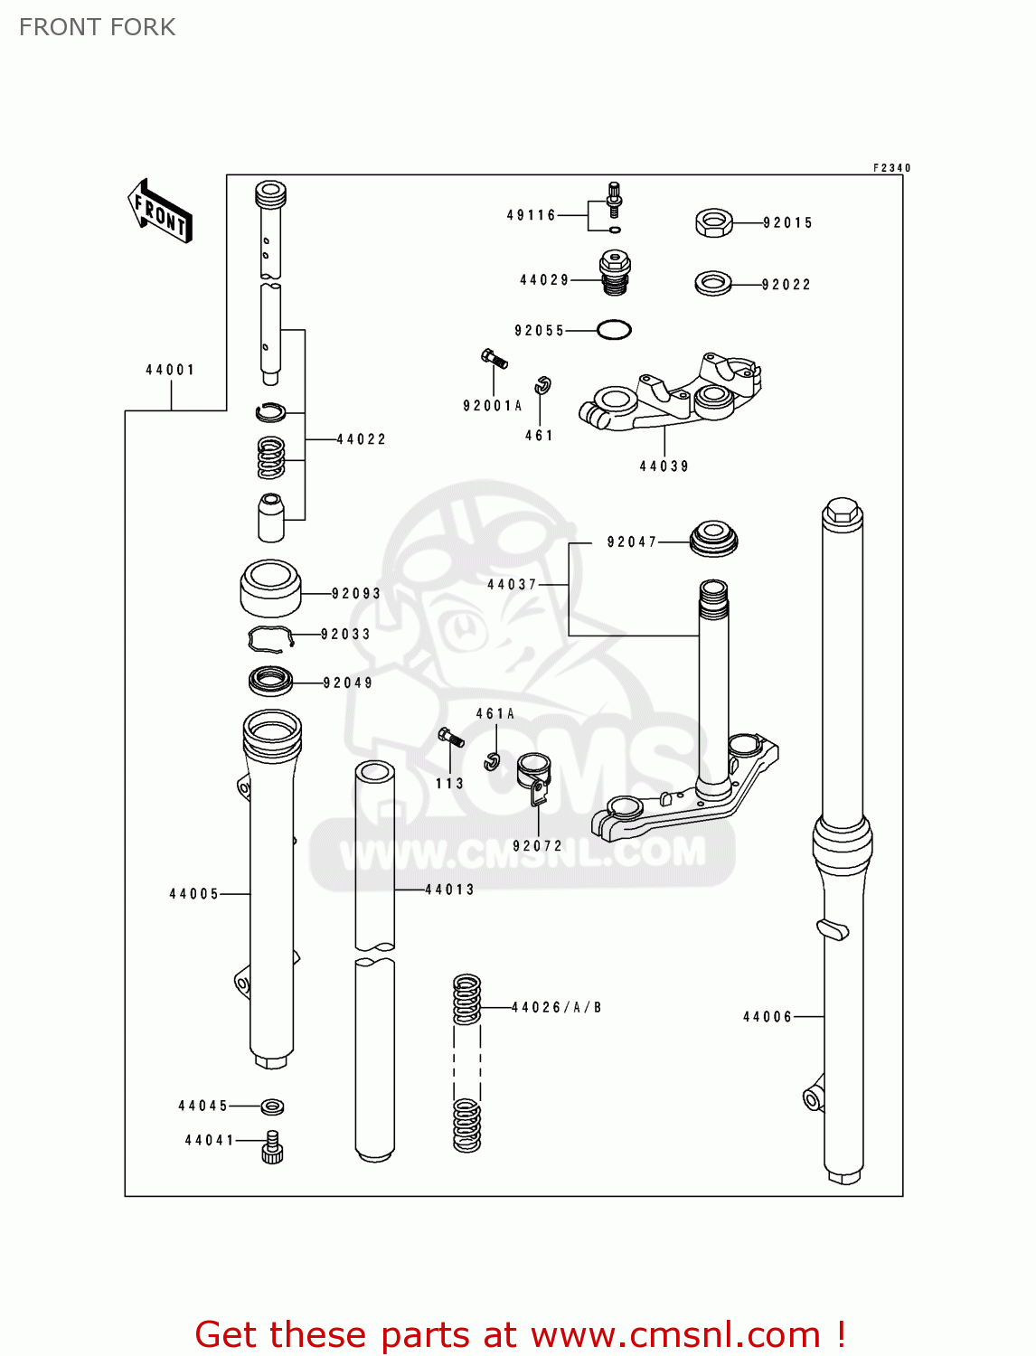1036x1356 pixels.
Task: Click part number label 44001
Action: click(170, 370)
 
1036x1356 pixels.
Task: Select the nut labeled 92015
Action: click(713, 222)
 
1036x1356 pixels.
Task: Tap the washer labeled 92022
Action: click(713, 284)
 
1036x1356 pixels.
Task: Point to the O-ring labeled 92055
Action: click(614, 330)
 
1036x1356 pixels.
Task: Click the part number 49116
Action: click(531, 215)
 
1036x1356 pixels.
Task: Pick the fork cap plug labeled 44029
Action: click(615, 273)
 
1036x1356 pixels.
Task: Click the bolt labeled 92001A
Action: click(494, 359)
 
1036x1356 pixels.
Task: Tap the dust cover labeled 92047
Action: click(713, 539)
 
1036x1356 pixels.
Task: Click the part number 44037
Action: click(512, 585)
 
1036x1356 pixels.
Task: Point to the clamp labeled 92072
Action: click(534, 777)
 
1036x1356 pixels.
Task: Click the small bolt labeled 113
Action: click(450, 737)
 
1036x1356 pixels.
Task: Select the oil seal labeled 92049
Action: click(270, 681)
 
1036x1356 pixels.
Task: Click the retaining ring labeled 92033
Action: click(270, 638)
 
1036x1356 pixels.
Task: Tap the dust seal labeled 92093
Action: click(270, 588)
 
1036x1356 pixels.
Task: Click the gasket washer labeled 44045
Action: click(272, 1106)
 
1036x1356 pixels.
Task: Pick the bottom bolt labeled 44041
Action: click(272, 1147)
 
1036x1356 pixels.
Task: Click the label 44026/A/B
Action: click(556, 1007)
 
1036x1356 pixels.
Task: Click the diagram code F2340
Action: click(891, 168)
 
